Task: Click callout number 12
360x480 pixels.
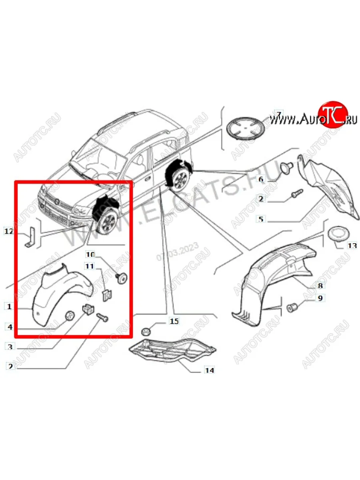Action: tap(8, 231)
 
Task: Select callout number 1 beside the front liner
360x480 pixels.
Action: tap(9, 307)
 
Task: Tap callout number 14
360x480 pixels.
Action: tap(209, 370)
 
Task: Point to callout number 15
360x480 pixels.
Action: tap(174, 321)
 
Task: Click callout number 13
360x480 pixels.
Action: tap(352, 246)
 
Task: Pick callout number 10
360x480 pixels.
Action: tap(90, 254)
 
